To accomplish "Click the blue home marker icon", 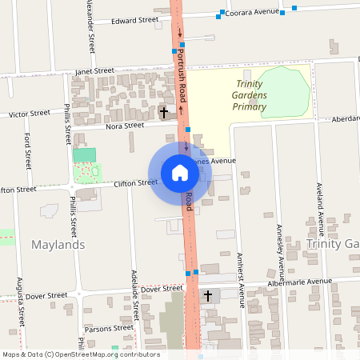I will [x=180, y=172].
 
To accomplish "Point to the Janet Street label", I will [x=94, y=71].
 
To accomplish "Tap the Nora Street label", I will [x=124, y=126].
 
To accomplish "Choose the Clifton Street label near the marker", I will [x=135, y=183].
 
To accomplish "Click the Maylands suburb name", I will [x=58, y=244].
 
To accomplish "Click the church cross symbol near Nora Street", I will [x=164, y=112].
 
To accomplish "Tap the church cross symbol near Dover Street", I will [x=209, y=296].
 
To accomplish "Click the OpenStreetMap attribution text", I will [x=81, y=354].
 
